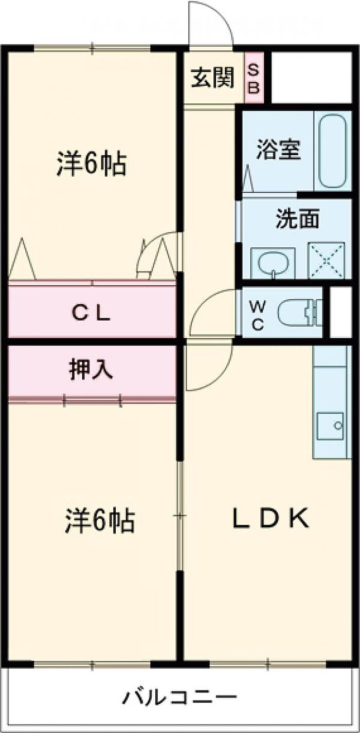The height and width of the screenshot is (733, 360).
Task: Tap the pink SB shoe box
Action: point(254,78)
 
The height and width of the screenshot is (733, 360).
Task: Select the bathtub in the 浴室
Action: point(334,151)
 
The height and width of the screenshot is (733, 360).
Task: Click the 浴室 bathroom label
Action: point(279,150)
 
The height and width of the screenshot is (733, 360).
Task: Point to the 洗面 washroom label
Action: point(297,220)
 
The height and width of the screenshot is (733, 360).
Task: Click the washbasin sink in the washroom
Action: point(272,263)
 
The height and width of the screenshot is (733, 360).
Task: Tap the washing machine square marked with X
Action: point(326,260)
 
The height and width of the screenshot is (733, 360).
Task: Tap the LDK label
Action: point(271,519)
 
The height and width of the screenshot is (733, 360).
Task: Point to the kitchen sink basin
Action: point(330,425)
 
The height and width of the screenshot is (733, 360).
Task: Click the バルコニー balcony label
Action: point(179,698)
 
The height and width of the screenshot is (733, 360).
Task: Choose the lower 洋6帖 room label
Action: point(100,520)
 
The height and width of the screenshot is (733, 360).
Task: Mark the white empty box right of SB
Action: point(311,78)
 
